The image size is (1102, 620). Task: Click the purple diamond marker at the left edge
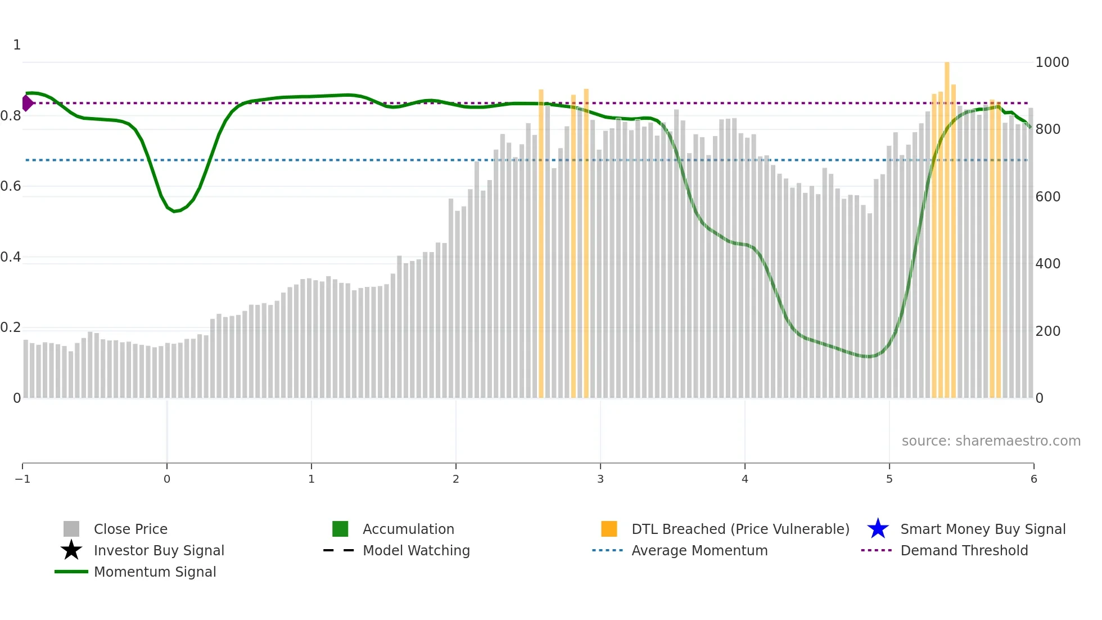27,103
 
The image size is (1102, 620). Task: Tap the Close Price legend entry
130,529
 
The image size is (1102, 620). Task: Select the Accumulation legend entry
408,529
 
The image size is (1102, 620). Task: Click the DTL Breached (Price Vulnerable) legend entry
740,529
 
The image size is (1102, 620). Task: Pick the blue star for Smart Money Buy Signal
878,529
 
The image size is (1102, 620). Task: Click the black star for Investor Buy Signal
71,550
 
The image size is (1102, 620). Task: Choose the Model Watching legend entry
416,550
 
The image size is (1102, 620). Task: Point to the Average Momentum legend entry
699,550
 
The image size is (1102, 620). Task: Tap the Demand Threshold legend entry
964,550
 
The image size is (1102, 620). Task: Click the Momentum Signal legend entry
155,572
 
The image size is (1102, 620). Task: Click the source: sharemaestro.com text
991,441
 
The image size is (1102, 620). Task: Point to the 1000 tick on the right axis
1052,62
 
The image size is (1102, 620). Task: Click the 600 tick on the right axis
1048,196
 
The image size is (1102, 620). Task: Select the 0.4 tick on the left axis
10,257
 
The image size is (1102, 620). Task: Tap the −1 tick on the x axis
22,479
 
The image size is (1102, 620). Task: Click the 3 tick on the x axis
600,479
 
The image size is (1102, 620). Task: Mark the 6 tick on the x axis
1033,479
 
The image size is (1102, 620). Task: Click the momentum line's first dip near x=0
175,211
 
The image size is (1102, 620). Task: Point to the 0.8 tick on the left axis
10,116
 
